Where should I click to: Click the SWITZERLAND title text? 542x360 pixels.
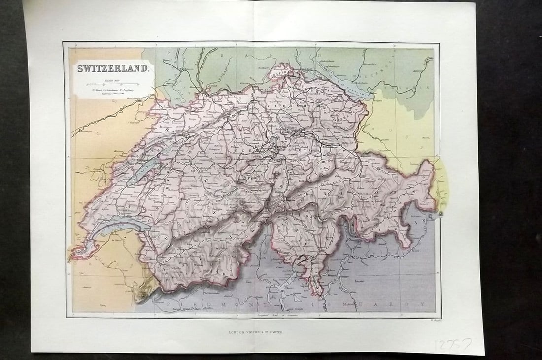point(112,69)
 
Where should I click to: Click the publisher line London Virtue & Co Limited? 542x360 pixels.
point(256,333)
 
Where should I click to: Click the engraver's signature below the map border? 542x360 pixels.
point(429,320)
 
